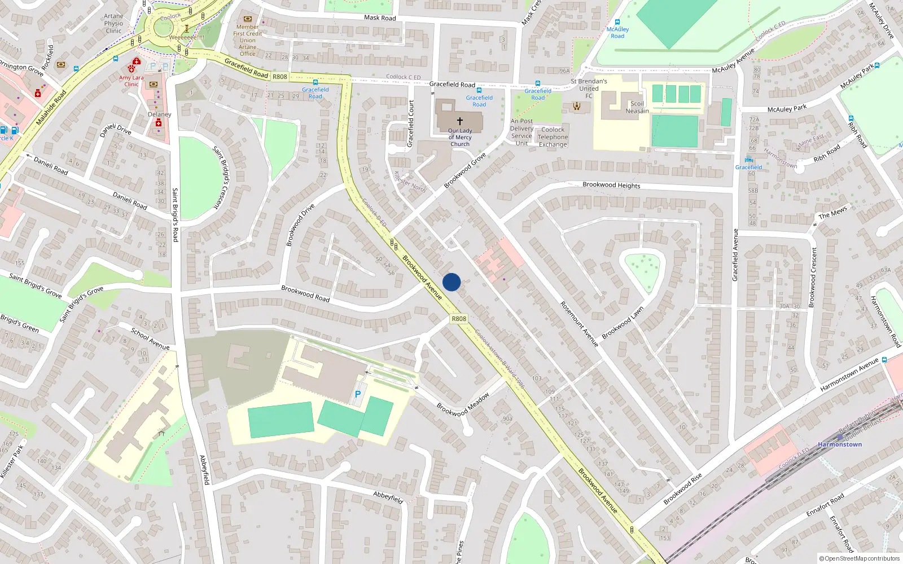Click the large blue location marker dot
451,282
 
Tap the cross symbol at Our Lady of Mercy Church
460,121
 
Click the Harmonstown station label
840,444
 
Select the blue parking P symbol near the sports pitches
357,394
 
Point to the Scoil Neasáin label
637,107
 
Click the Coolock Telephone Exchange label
553,137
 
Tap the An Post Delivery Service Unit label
521,132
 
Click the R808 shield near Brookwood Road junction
459,319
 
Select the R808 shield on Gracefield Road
280,77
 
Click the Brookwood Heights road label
611,185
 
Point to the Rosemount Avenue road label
579,324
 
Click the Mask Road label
380,17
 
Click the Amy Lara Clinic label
131,81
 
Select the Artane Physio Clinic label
113,24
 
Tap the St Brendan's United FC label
589,89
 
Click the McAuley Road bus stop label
617,33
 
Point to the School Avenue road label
150,338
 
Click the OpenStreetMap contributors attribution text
860,558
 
